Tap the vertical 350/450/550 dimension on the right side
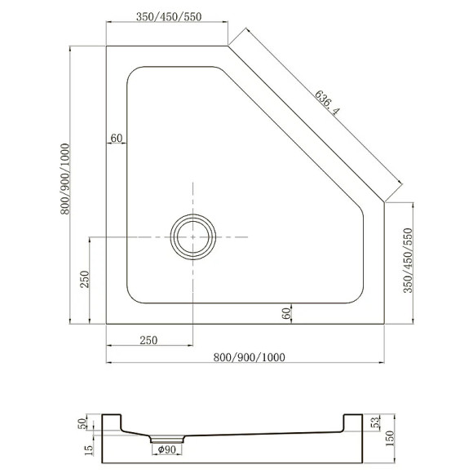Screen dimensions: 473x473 pos(408,259)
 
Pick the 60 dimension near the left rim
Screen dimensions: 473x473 pos(116,138)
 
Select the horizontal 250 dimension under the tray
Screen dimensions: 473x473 pos(148,340)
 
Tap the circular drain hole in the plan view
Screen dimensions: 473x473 pos(192,236)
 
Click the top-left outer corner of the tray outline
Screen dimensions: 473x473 pos(107,46)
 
